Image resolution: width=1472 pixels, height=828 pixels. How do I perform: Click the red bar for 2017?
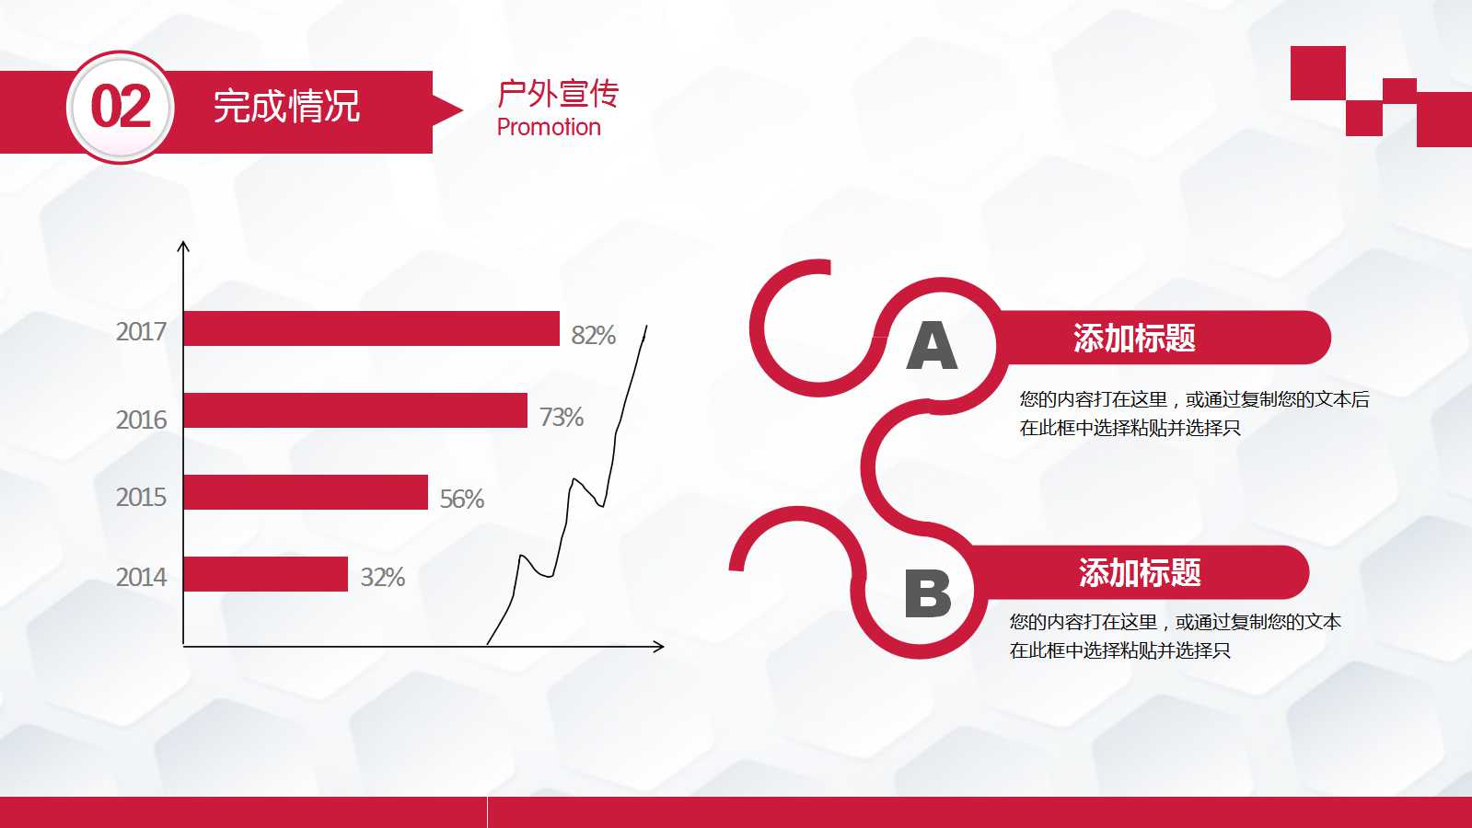click(x=371, y=328)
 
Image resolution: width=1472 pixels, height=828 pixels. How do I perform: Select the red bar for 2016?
click(x=355, y=410)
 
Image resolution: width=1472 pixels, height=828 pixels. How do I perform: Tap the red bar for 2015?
click(x=306, y=492)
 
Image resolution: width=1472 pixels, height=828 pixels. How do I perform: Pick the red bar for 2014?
click(x=265, y=574)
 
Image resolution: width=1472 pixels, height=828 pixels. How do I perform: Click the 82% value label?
click(x=593, y=335)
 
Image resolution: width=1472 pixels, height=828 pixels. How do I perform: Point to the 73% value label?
click(x=562, y=417)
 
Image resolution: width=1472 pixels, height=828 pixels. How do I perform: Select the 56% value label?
click(x=461, y=499)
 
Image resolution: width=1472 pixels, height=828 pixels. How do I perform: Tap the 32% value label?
click(x=382, y=577)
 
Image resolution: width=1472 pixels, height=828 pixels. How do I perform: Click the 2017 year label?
click(x=141, y=331)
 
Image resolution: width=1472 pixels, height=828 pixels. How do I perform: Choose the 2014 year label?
click(x=141, y=577)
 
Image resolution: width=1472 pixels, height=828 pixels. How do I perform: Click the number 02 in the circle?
click(x=121, y=107)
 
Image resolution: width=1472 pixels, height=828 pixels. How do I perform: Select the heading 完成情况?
click(x=286, y=107)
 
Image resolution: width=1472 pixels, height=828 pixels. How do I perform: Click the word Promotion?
click(x=549, y=127)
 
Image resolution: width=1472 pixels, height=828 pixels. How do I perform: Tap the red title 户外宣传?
click(x=558, y=93)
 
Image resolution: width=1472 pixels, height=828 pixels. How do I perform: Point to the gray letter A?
click(x=932, y=346)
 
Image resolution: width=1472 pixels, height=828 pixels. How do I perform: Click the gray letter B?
click(x=927, y=593)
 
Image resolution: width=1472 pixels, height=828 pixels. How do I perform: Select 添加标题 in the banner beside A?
click(x=1134, y=339)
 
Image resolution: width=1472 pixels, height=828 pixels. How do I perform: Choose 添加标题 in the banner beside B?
click(x=1140, y=573)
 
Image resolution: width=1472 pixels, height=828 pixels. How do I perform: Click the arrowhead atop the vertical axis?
click(x=183, y=246)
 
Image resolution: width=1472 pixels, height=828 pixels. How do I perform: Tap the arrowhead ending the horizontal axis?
click(x=659, y=647)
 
